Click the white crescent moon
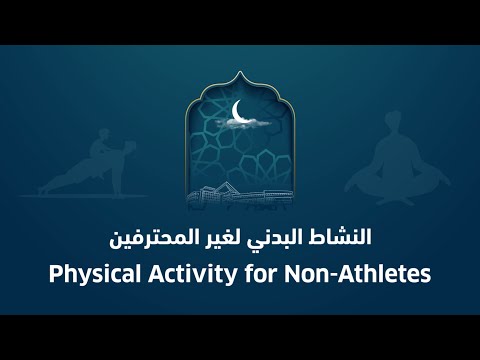pyautogui.click(x=237, y=110)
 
